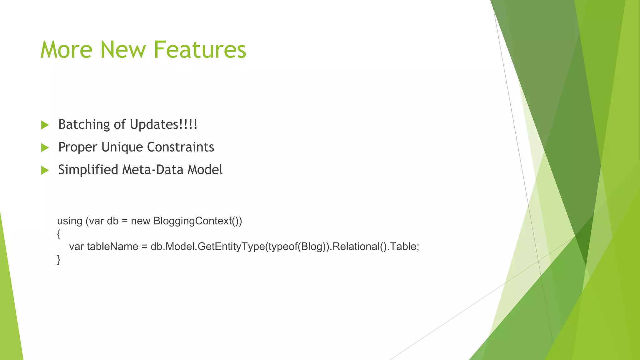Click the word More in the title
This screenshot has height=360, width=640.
pos(66,50)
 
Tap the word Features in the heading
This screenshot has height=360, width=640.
pos(200,50)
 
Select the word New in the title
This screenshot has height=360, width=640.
pos(123,50)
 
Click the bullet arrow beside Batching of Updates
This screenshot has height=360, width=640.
pos(45,125)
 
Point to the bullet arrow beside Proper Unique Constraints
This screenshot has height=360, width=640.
pos(45,147)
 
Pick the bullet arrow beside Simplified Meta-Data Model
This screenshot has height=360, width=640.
pos(45,170)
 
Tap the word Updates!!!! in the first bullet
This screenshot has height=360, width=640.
pos(163,124)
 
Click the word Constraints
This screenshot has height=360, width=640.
pos(180,147)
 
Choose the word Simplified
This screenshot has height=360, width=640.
pos(88,170)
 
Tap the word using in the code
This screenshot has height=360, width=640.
pos(69,221)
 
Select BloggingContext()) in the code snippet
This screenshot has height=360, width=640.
pos(197,221)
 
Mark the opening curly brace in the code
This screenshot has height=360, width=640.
pos(59,234)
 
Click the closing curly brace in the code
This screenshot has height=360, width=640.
pos(59,259)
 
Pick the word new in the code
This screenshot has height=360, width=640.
pos(141,221)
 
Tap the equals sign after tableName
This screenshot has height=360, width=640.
pos(144,247)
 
